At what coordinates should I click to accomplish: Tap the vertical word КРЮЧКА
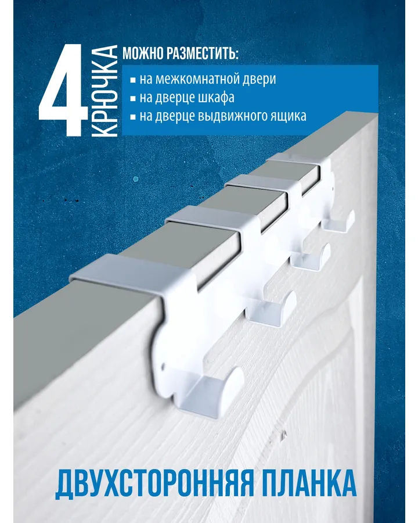point(104,91)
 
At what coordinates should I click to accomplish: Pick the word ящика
point(290,116)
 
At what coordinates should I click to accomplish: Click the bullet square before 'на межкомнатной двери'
point(133,80)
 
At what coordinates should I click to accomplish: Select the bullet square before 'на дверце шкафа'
point(133,98)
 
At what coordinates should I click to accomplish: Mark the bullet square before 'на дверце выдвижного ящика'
point(133,117)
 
